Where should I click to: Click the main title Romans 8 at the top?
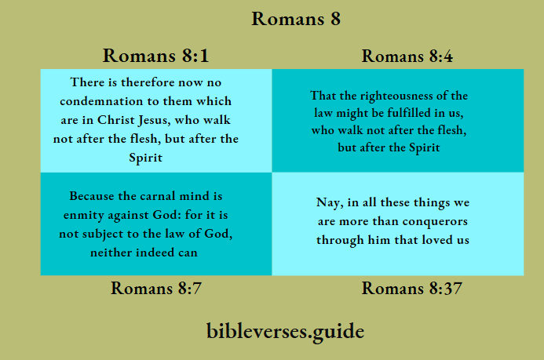[295, 18]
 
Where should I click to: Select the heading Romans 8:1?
[155, 55]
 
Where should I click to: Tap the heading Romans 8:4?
[407, 56]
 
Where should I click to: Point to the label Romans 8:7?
[156, 288]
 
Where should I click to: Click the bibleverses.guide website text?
[286, 330]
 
